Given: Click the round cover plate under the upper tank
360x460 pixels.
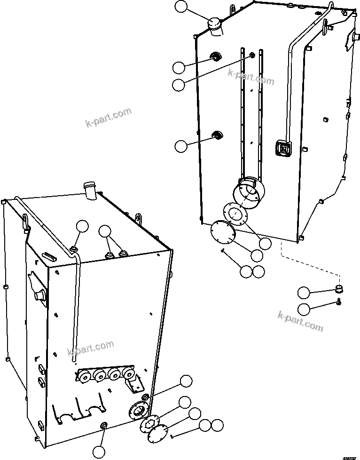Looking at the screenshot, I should click(222, 232).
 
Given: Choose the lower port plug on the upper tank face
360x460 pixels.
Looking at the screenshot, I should click(217, 135).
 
